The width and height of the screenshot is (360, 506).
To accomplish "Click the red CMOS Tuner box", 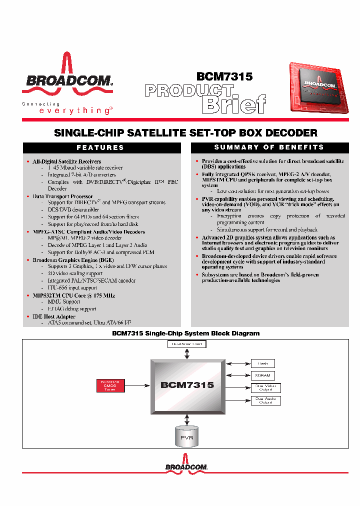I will (110, 385).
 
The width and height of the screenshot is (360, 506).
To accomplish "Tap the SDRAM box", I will (263, 375).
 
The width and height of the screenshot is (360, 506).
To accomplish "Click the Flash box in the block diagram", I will (263, 363).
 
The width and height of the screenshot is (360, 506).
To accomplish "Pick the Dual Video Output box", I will (265, 387).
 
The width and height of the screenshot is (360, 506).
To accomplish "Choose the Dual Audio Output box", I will (265, 400).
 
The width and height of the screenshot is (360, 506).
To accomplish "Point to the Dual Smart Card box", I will (187, 344).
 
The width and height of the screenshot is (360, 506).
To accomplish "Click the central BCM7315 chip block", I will (187, 384).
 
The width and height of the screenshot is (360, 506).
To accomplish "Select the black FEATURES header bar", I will (101, 147).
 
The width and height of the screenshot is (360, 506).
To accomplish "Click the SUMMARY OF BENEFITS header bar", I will (269, 147).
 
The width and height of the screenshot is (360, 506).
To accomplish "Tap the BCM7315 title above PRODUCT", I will (224, 76).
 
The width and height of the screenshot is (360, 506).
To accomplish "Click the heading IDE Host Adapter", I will (54, 316).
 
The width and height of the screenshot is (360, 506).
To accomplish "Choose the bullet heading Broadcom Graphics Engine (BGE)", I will (73, 260).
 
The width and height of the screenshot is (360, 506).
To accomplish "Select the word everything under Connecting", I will (75, 111).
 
